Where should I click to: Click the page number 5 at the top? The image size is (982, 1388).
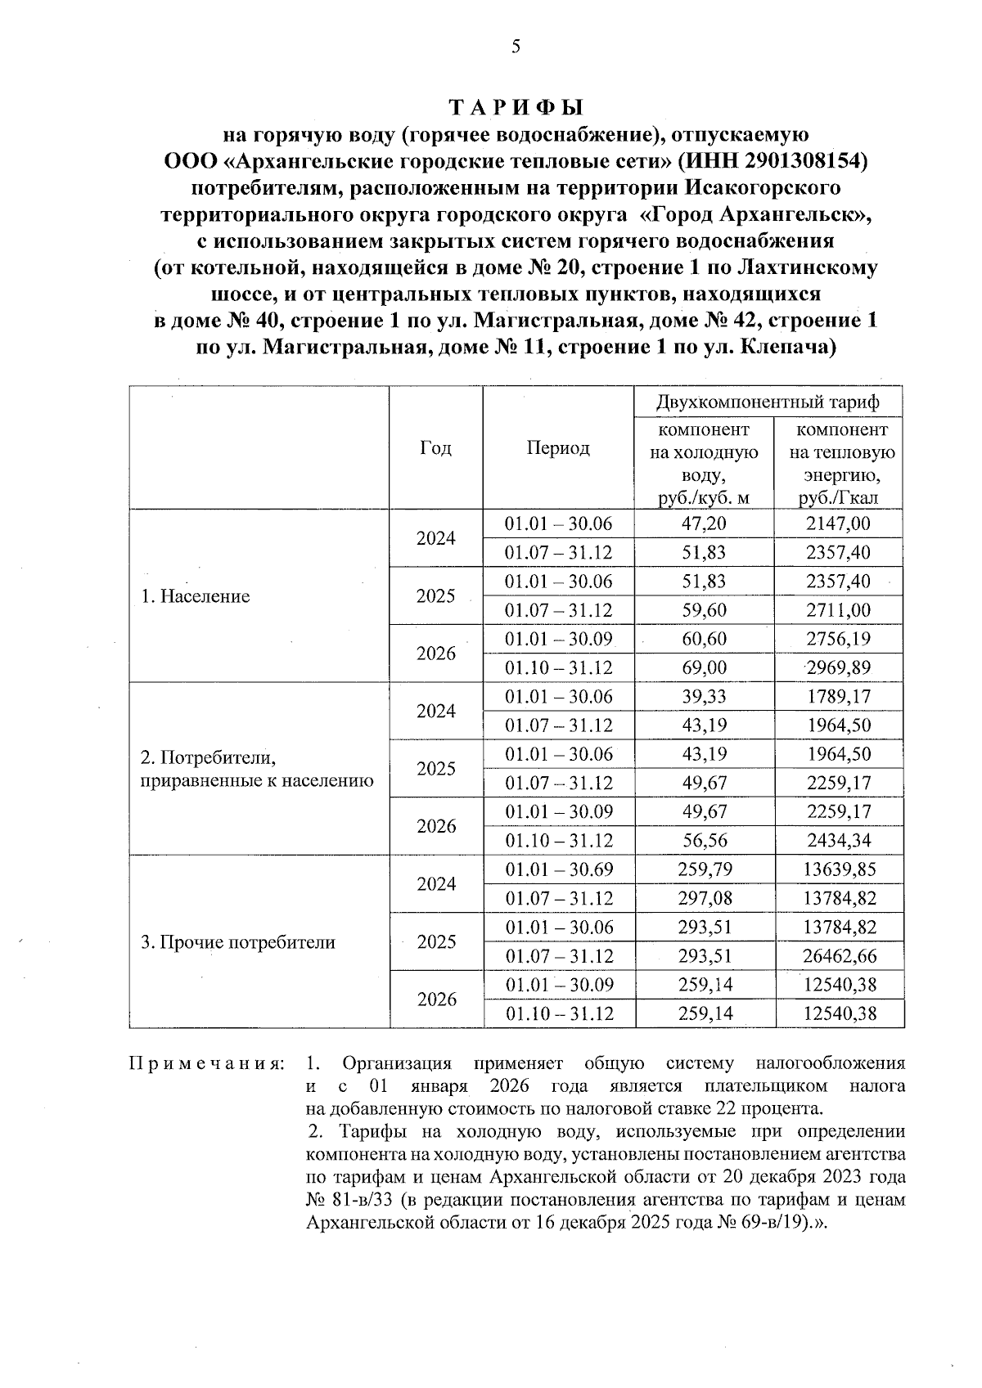(x=516, y=47)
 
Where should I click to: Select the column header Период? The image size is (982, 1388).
(x=558, y=448)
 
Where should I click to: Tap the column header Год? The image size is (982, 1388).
(x=435, y=448)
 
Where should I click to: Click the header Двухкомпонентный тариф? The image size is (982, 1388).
(x=768, y=402)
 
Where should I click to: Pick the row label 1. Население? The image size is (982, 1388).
(x=195, y=596)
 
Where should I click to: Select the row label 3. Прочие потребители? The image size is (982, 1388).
(x=238, y=942)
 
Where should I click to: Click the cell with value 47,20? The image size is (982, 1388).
(x=704, y=523)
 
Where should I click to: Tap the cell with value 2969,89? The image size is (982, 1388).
(x=838, y=667)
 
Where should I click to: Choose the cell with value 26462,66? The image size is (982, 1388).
(x=840, y=956)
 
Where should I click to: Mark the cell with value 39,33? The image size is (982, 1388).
(x=704, y=697)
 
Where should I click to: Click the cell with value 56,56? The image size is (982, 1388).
(x=704, y=841)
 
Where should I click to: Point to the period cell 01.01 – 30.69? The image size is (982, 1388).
(x=558, y=869)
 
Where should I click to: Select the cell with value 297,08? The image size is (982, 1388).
(x=705, y=898)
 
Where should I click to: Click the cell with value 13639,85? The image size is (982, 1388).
(x=840, y=869)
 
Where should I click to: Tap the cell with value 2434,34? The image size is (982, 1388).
(x=839, y=841)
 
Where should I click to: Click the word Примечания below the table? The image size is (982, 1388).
(x=206, y=1064)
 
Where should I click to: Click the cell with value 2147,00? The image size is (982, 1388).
(x=838, y=523)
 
